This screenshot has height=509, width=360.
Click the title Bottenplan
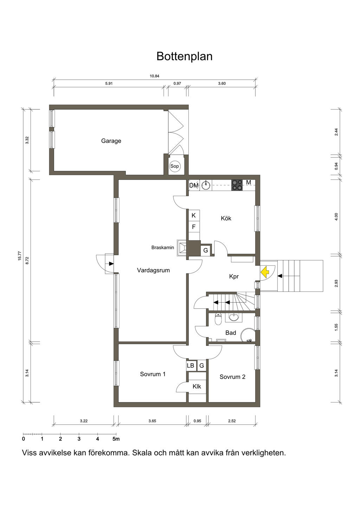pos(184,56)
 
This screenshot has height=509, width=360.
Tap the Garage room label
pos(111,141)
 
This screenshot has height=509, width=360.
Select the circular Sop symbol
pos(174,166)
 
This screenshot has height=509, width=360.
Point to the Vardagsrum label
pos(153,270)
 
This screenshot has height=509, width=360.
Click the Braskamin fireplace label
pos(163,247)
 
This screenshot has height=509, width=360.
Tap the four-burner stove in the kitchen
pos(237,185)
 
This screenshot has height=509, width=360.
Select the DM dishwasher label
pos(194,185)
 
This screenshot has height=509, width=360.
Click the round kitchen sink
pos(206,185)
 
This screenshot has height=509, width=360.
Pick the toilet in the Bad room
pos(218,319)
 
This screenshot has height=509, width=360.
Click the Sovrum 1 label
pos(153,374)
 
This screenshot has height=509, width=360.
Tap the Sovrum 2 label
pos(232,377)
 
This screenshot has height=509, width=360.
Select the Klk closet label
pos(197,386)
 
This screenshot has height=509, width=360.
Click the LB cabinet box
pos(191,365)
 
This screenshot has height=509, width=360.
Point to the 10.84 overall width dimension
pos(154,76)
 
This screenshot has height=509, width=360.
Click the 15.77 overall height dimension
pos(20,256)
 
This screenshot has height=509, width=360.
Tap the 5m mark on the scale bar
pos(116,439)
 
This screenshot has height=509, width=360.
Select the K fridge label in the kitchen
pos(194,215)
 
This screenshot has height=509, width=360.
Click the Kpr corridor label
pos(234,277)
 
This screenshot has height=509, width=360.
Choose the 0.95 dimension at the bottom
pos(197,421)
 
